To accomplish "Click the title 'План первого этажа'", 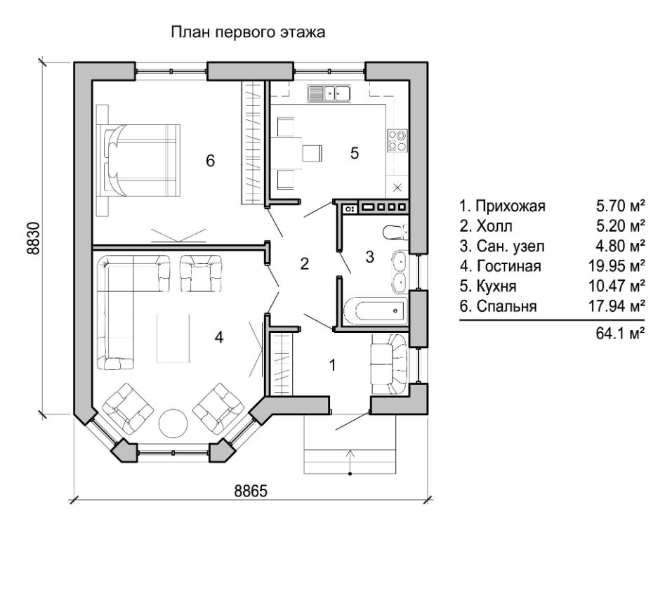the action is click(248, 32).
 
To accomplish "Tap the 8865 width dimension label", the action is click(251, 491).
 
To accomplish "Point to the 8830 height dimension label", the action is click(34, 238).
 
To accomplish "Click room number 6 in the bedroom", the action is click(210, 161).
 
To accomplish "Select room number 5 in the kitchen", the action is click(355, 153).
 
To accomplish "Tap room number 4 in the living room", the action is click(218, 338).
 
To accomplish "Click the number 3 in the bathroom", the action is click(370, 257).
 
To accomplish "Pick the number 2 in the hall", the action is click(305, 263).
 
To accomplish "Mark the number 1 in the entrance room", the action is click(332, 365).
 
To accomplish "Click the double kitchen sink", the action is click(329, 93).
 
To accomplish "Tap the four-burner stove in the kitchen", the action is click(397, 140).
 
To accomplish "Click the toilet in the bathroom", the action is click(395, 232).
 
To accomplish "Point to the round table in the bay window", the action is click(173, 423).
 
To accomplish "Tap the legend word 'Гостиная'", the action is click(508, 266).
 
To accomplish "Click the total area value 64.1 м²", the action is click(620, 333).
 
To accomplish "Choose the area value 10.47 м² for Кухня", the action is click(617, 286).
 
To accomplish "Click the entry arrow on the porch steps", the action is click(350, 461).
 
